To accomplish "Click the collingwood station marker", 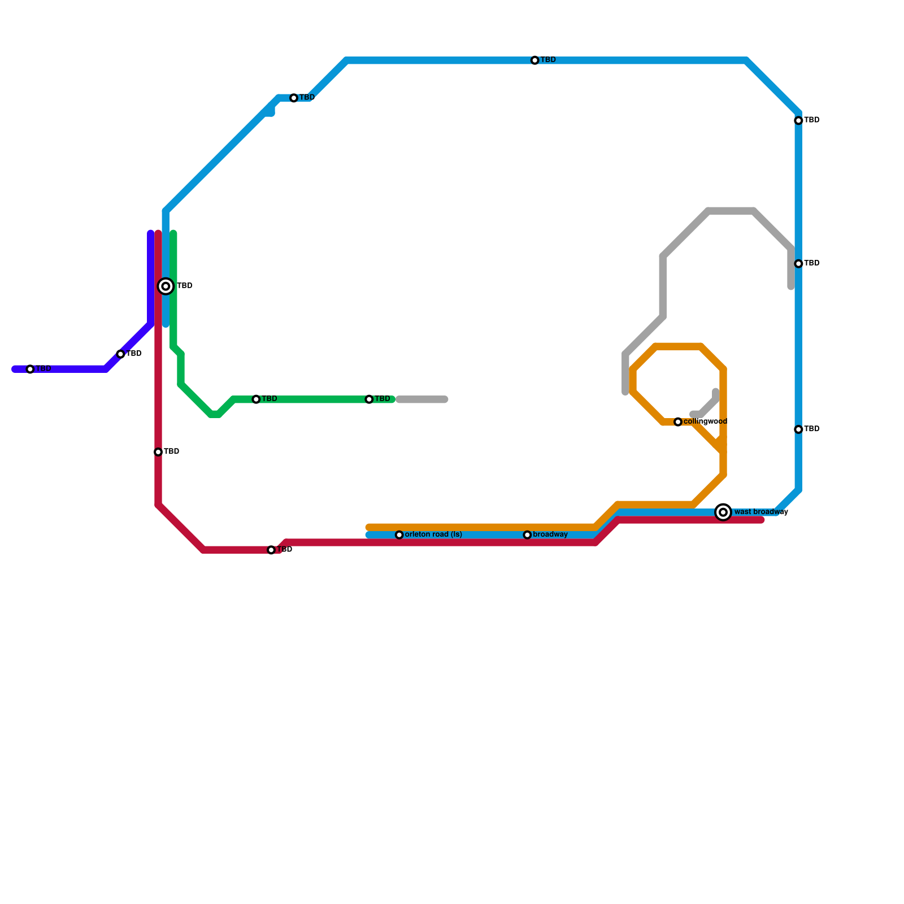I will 678,422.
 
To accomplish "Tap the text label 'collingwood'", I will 705,421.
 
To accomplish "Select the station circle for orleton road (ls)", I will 399,535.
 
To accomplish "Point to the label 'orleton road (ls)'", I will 433,534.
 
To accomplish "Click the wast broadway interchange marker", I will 723,512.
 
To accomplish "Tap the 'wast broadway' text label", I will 761,512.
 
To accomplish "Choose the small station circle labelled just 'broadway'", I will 527,535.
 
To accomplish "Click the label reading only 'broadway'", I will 550,534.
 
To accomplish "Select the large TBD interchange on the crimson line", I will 166,286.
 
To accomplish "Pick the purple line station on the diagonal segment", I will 120,354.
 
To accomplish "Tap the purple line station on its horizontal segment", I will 31,370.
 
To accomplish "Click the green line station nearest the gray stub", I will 369,399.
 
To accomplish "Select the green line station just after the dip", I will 256,399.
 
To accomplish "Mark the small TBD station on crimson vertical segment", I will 158,452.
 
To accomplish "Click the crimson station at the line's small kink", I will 271,550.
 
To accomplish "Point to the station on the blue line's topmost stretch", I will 535,60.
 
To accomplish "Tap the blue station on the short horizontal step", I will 294,98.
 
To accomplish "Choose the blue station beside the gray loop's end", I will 798,264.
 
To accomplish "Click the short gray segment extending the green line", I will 422,400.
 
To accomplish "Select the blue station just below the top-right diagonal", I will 798,121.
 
